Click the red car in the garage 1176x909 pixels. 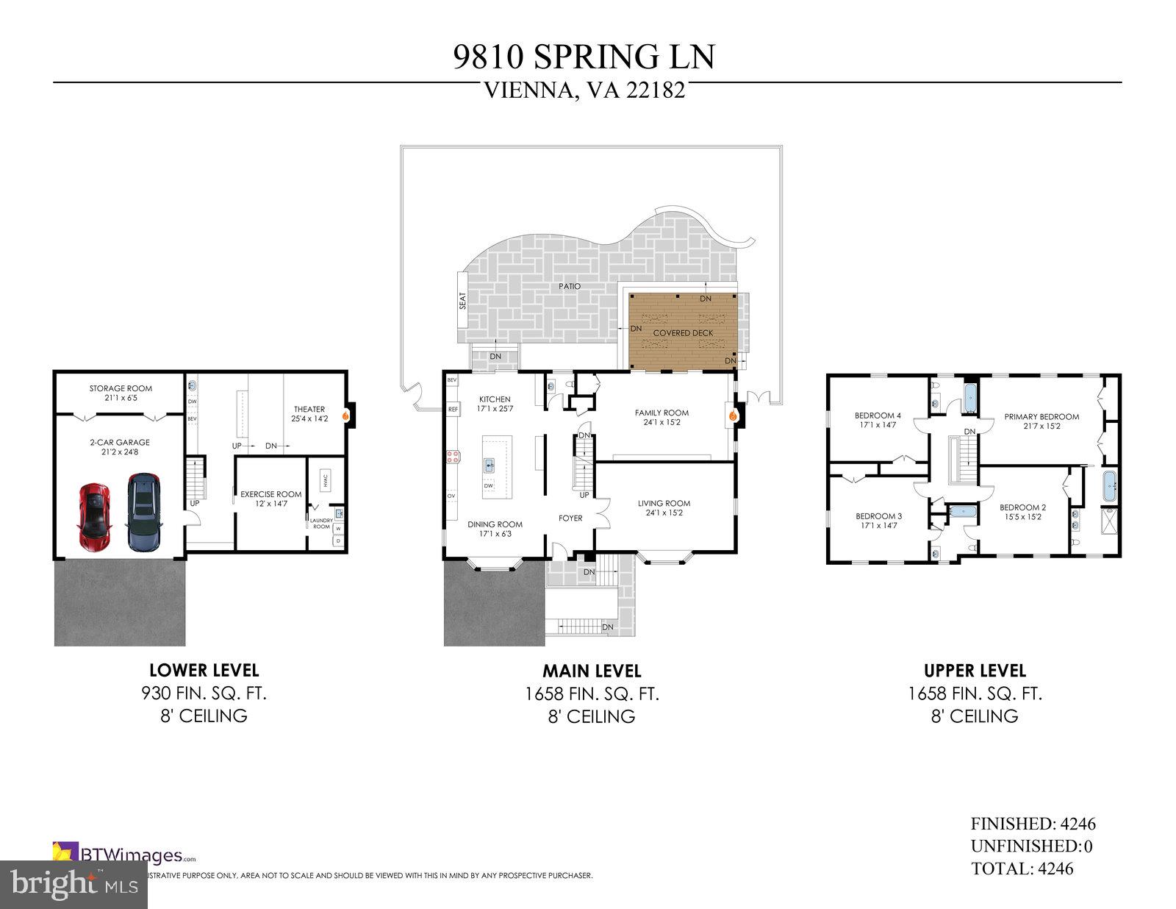click(x=94, y=516)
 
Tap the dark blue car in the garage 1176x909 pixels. click(x=143, y=513)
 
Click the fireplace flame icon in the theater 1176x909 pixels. click(x=344, y=415)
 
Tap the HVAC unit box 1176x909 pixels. click(x=324, y=480)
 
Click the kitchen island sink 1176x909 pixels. click(x=490, y=465)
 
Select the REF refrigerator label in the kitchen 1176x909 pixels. click(x=453, y=409)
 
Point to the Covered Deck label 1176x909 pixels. click(x=683, y=332)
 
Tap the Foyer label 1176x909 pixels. click(x=570, y=518)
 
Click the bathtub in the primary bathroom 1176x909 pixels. click(x=1109, y=486)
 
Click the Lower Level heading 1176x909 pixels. click(x=204, y=670)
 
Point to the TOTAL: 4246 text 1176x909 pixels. click(x=1022, y=869)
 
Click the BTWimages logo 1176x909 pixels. click(x=125, y=855)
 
